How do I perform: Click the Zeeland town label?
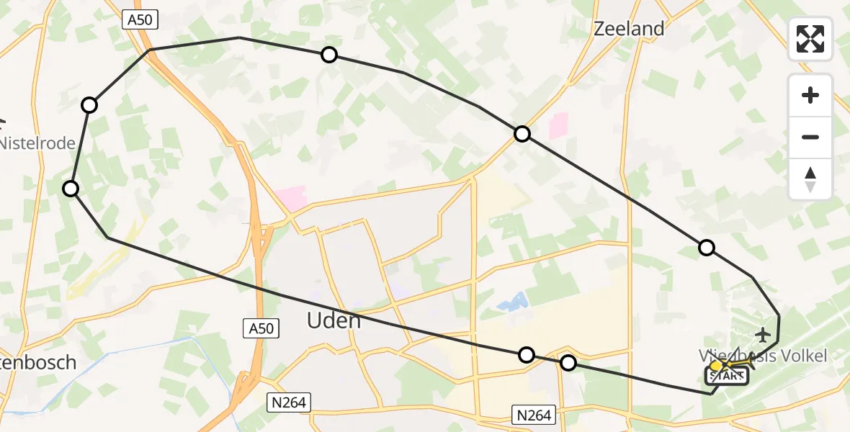(628, 29)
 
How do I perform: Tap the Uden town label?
(334, 320)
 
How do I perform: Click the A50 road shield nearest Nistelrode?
(141, 21)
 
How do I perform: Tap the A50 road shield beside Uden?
(260, 328)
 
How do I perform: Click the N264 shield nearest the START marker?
(534, 415)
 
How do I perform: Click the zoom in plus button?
(810, 95)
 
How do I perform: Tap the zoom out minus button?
(810, 137)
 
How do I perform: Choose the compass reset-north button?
(810, 179)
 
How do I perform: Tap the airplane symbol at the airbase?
(763, 335)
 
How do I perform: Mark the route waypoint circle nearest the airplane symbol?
(707, 248)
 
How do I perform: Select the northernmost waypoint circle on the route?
(329, 55)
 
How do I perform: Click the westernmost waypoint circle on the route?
(71, 189)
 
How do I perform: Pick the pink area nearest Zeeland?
(558, 126)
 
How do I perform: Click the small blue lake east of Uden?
(511, 303)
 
